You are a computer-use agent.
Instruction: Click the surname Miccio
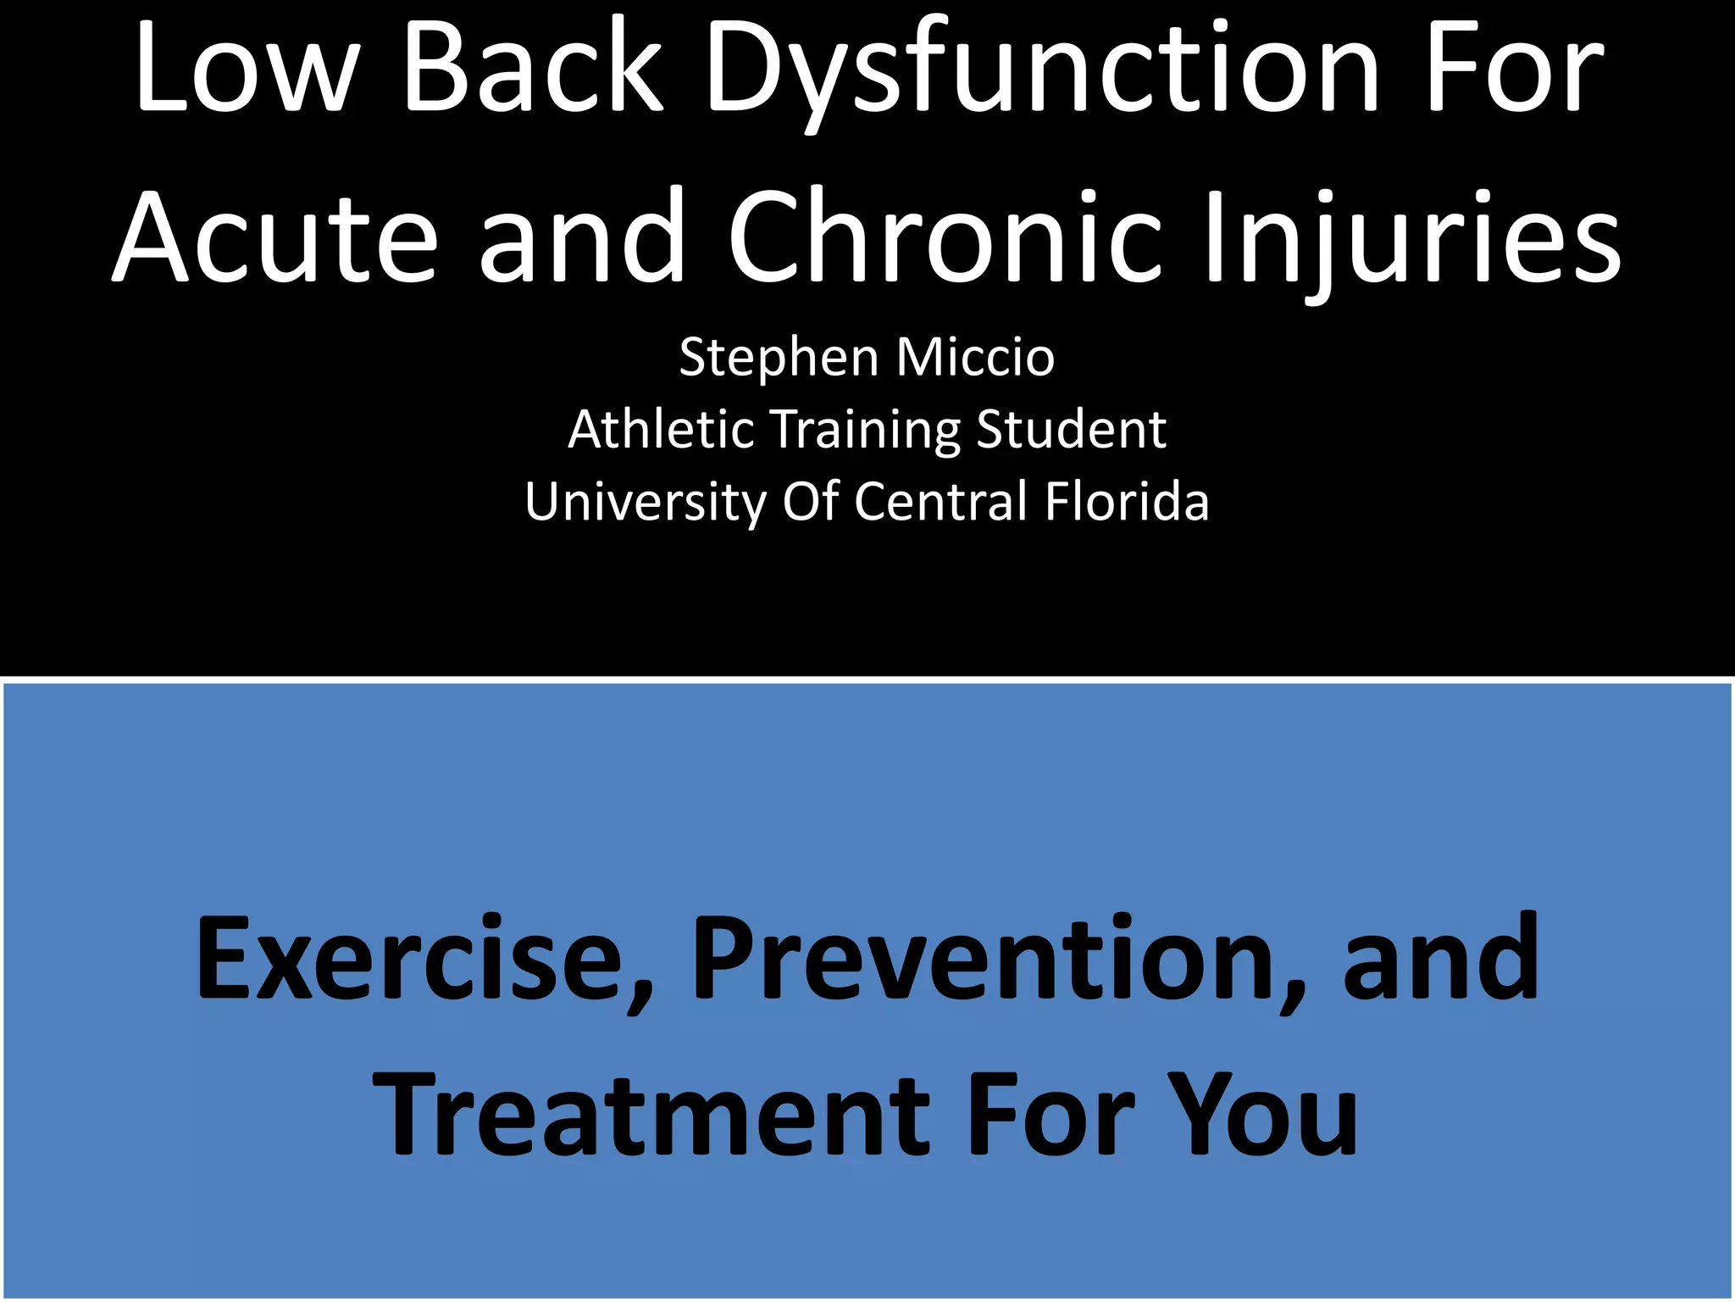[x=975, y=356]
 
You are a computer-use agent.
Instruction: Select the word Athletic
[x=661, y=429]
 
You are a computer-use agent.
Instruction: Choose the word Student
[x=1071, y=429]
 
